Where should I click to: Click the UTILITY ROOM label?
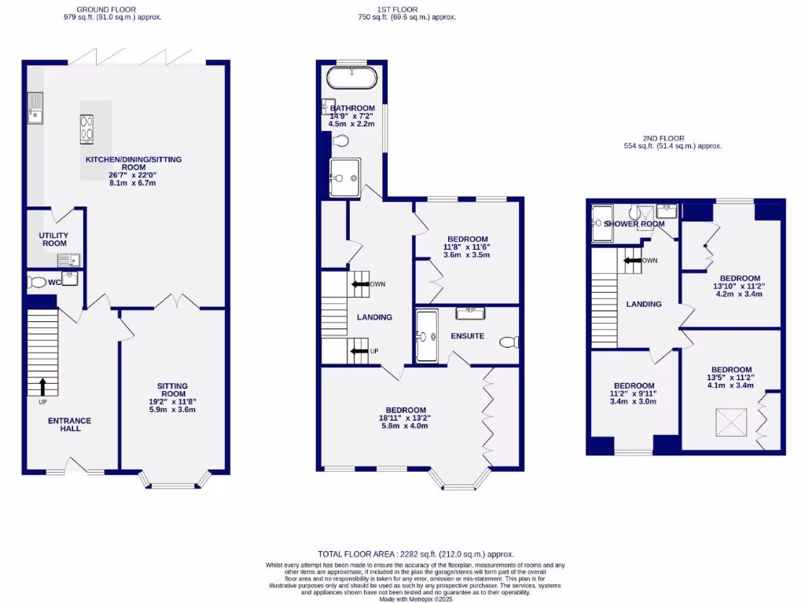(x=54, y=239)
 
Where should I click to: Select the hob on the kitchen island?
(x=86, y=130)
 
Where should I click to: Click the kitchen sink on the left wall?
(x=35, y=108)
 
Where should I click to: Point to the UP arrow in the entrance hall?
(x=42, y=386)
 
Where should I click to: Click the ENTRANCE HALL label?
(x=69, y=425)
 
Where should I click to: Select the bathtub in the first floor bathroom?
(x=351, y=79)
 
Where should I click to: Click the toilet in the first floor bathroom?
(x=340, y=141)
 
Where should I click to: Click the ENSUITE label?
(x=469, y=336)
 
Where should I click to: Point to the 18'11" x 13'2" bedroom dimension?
(x=406, y=418)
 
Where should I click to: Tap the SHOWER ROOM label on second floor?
(x=629, y=225)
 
